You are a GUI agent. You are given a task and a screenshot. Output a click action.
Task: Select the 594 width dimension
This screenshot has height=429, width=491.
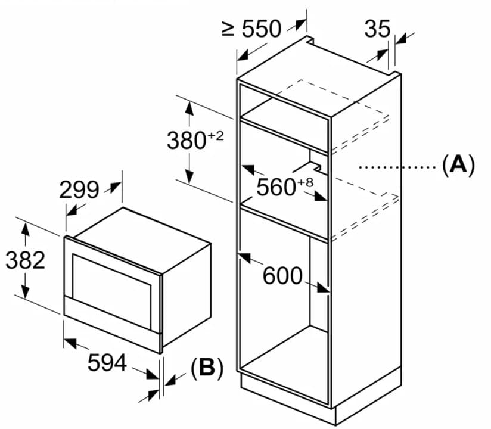pos(107,362)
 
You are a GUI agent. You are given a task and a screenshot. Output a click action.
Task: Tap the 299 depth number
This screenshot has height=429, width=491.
pos(79,190)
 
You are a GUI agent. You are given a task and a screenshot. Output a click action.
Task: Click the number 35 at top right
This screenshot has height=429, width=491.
pos(377,28)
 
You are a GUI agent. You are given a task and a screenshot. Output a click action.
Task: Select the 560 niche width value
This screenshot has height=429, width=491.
pos(275,188)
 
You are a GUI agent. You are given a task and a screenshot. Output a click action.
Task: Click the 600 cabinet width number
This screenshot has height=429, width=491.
pos(282,276)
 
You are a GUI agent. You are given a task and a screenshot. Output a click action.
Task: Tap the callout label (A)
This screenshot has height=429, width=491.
pos(458,164)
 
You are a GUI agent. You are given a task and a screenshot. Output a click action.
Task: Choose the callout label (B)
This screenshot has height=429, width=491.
pos(206,369)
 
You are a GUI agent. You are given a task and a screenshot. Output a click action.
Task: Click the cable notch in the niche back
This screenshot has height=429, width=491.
pos(310,157)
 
